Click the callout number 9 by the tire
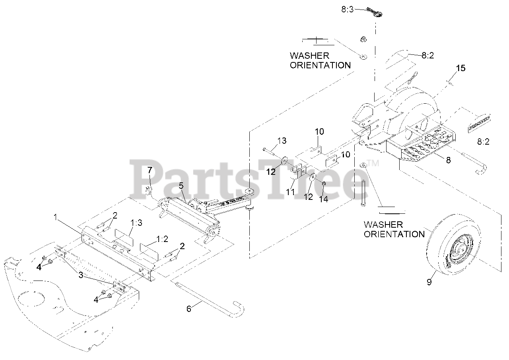pyautogui.click(x=429, y=282)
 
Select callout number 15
pyautogui.click(x=460, y=68)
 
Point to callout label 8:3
pyautogui.click(x=347, y=9)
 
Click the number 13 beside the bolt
pyautogui.click(x=282, y=141)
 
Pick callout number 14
pyautogui.click(x=324, y=199)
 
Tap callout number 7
pyautogui.click(x=150, y=170)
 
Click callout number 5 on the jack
pyautogui.click(x=181, y=185)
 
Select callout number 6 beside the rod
pyautogui.click(x=189, y=308)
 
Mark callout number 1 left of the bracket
pyautogui.click(x=56, y=217)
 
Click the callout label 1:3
pyautogui.click(x=136, y=223)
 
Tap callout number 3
pyautogui.click(x=81, y=275)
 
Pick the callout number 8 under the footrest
pyautogui.click(x=448, y=160)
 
